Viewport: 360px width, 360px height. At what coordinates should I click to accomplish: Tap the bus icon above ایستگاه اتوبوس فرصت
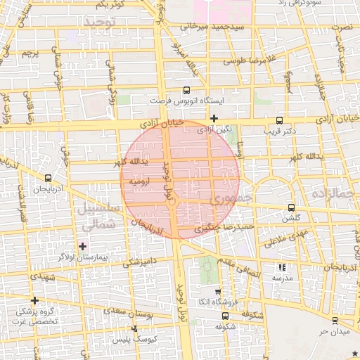click(x=186, y=90)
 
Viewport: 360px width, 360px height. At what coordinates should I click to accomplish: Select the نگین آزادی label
click(x=214, y=130)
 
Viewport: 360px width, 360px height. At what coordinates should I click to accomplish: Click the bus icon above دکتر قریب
click(x=280, y=120)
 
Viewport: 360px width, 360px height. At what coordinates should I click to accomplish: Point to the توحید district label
click(x=103, y=23)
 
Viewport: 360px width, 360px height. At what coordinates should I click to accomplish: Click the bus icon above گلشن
click(x=292, y=207)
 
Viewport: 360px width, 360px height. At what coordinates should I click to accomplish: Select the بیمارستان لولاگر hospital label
click(x=84, y=257)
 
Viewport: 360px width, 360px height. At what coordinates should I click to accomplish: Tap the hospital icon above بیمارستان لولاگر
click(x=84, y=245)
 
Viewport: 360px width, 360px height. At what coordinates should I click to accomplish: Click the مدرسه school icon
click(x=282, y=267)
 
